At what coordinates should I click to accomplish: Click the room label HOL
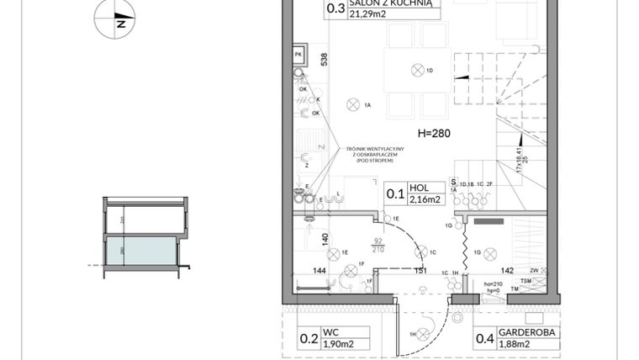click(418, 188)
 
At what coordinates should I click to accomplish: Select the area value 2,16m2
click(425, 200)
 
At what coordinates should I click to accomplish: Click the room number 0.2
click(309, 340)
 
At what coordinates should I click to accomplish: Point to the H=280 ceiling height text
click(436, 134)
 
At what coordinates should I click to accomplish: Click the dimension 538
click(324, 61)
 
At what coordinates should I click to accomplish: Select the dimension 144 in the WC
click(319, 270)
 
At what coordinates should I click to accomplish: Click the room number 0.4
click(485, 340)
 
